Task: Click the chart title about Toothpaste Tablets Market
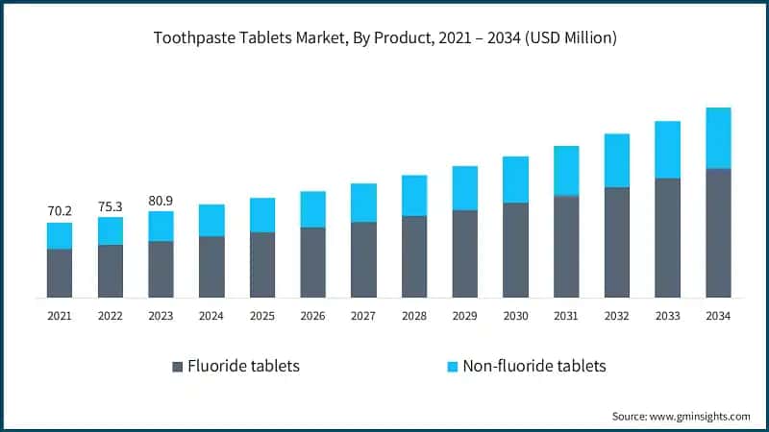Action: click(x=384, y=38)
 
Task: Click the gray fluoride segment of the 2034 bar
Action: click(x=718, y=232)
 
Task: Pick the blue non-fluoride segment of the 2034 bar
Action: click(x=718, y=138)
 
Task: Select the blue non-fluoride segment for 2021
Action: click(x=60, y=236)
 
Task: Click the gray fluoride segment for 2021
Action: click(x=60, y=274)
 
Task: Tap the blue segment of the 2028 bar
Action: click(x=414, y=196)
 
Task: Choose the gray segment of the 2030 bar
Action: click(x=515, y=250)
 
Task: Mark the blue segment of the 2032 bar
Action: click(x=617, y=160)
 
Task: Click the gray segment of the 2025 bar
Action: click(x=262, y=264)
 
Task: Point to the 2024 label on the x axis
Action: click(x=211, y=316)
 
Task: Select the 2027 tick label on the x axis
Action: click(x=363, y=316)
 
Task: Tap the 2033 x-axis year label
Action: click(x=667, y=316)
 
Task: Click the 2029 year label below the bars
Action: click(x=464, y=316)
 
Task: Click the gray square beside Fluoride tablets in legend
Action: click(x=177, y=367)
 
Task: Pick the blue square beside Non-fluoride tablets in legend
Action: click(x=452, y=367)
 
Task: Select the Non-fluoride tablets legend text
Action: click(x=534, y=367)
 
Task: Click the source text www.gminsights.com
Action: click(x=681, y=416)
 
